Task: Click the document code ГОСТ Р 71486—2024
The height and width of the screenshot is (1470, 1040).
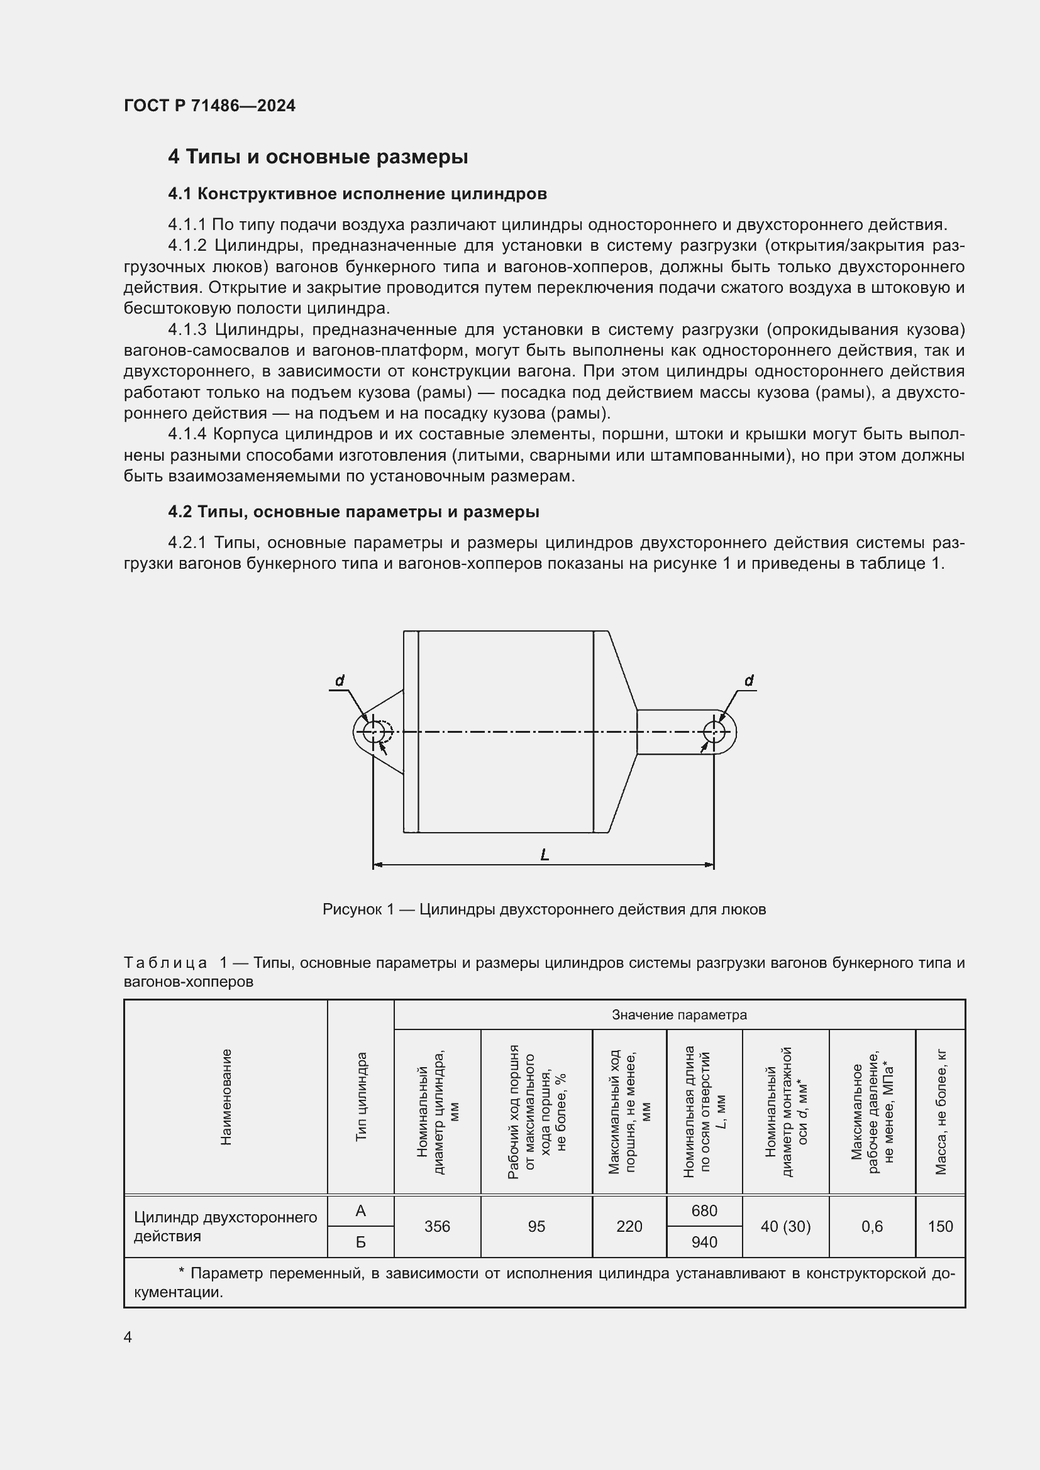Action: pyautogui.click(x=209, y=106)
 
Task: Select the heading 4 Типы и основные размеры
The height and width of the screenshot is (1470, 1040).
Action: pyautogui.click(x=318, y=157)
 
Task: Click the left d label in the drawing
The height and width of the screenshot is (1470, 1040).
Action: pyautogui.click(x=340, y=681)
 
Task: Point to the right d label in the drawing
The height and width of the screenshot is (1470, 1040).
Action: pyautogui.click(x=749, y=681)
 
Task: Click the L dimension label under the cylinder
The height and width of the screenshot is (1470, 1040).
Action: pyautogui.click(x=545, y=855)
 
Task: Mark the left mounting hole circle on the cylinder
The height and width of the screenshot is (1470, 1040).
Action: pyautogui.click(x=373, y=732)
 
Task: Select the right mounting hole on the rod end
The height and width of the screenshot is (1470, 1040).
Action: pyautogui.click(x=714, y=732)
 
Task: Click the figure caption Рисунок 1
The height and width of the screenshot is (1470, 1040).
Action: pyautogui.click(x=544, y=910)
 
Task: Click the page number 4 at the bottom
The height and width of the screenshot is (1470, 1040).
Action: pyautogui.click(x=128, y=1337)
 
